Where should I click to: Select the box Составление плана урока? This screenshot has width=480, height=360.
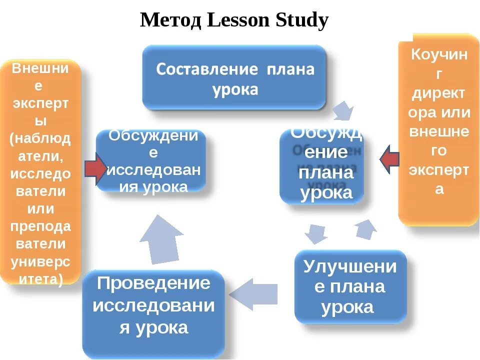(x=234, y=77)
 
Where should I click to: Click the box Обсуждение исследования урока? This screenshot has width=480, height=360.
(x=151, y=160)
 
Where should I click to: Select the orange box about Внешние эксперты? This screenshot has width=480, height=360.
(x=40, y=172)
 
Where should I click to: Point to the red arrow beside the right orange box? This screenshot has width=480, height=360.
(x=389, y=159)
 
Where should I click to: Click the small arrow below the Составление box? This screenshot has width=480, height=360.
(x=343, y=110)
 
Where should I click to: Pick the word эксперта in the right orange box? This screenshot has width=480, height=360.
(x=439, y=170)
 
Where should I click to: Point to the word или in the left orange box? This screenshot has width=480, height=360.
(x=40, y=208)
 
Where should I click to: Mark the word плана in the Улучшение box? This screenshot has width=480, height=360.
(x=357, y=287)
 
